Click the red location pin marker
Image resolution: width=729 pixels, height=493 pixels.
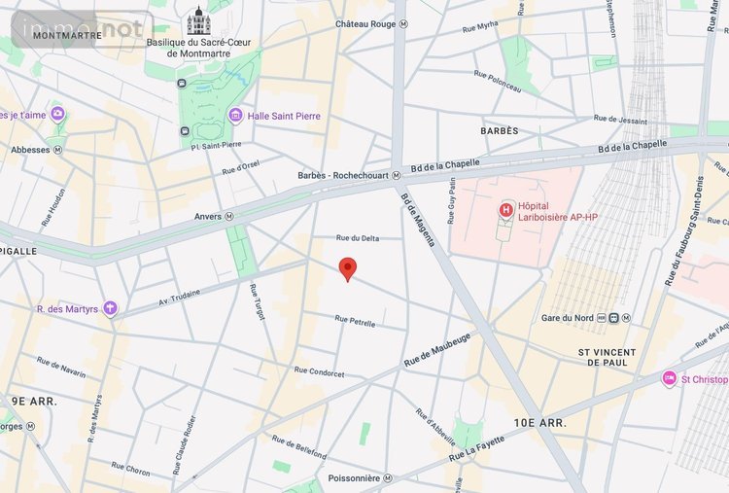[x=347, y=268]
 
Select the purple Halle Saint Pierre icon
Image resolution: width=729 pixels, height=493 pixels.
[x=235, y=116]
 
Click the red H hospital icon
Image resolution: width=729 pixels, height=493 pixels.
[x=505, y=209]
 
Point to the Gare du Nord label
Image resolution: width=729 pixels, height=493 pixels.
[x=567, y=318]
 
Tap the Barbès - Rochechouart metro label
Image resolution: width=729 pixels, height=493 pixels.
[x=343, y=176]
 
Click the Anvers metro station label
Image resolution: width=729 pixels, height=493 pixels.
[x=208, y=216]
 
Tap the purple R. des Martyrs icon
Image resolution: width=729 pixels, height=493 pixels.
[x=110, y=309]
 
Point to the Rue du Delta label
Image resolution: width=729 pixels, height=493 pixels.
[x=357, y=237]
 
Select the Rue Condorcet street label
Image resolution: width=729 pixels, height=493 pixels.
[x=319, y=372]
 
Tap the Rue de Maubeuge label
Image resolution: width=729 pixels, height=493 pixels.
[x=437, y=350]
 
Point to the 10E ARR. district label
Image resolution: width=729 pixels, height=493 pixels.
[x=539, y=423]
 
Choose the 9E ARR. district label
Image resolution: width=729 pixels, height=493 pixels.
[x=34, y=400]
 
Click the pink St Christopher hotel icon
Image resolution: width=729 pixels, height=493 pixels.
[x=670, y=378]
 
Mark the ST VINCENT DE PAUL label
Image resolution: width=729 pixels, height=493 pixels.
[x=607, y=357]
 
